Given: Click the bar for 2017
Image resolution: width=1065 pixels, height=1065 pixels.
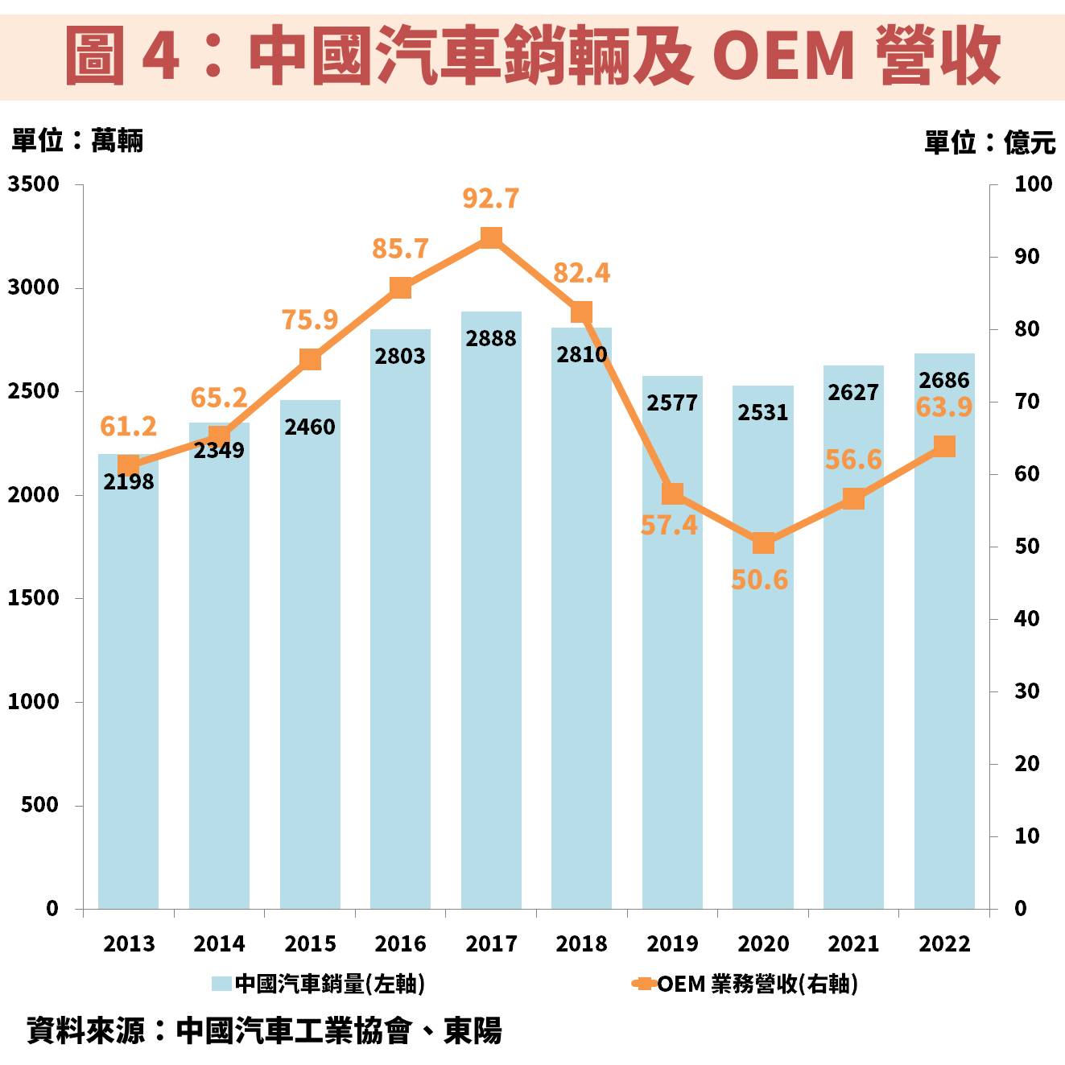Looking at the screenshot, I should click(491, 612).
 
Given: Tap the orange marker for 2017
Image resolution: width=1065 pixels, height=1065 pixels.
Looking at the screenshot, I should click(491, 237).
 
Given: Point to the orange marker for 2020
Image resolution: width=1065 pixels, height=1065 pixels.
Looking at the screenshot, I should click(763, 543).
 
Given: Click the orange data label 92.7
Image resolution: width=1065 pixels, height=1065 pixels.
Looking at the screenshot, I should click(491, 198).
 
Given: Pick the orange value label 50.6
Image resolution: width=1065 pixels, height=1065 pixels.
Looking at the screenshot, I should click(759, 580).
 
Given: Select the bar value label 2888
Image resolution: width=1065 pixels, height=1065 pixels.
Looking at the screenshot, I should click(491, 338).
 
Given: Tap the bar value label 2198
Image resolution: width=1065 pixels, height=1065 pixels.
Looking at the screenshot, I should click(128, 481).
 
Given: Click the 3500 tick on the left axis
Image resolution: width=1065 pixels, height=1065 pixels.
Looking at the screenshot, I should click(34, 184).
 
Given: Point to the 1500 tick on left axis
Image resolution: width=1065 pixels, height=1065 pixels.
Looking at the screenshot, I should click(34, 598).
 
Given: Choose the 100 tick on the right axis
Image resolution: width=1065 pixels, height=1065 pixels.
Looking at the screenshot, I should click(1033, 184).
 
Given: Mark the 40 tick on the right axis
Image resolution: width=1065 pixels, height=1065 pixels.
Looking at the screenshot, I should click(1026, 619).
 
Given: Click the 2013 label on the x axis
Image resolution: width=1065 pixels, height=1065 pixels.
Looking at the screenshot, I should click(128, 943).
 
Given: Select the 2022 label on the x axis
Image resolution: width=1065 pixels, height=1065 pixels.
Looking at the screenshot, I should click(944, 943).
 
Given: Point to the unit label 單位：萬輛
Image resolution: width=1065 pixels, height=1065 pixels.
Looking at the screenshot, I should click(77, 141).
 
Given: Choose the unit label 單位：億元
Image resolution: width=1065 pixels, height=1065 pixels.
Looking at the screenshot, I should click(989, 142).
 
